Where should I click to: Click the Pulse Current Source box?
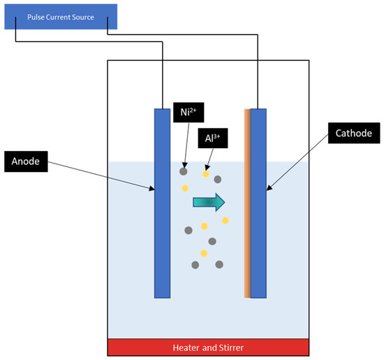point(56,16)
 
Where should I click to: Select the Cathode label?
point(352,133)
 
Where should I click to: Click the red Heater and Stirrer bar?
point(208,347)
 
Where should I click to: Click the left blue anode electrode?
point(162,203)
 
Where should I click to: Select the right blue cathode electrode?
point(258,203)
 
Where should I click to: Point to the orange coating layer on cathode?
point(246,203)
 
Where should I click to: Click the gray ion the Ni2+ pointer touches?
point(184,170)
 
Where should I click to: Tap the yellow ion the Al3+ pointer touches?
point(206,174)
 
